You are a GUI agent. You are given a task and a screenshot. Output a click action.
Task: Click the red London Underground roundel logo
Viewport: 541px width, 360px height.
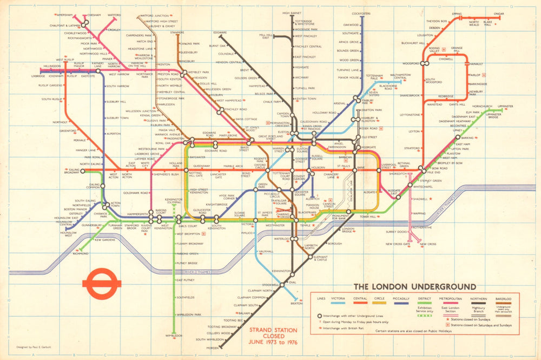coord(101,285)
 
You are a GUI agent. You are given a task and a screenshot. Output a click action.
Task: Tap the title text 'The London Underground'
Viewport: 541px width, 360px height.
coord(414,286)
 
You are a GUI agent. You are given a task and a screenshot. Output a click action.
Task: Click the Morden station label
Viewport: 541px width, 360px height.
coord(213,348)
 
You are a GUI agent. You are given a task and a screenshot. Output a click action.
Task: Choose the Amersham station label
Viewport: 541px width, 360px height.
coord(64,15)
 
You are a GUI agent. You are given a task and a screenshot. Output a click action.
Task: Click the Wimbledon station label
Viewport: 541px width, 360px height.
coord(174,336)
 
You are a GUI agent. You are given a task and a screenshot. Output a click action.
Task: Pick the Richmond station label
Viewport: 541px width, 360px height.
coord(81,253)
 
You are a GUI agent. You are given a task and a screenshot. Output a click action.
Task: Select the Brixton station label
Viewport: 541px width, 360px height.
coord(296,303)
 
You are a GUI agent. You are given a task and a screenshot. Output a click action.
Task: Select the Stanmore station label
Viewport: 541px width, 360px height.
coord(177,32)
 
